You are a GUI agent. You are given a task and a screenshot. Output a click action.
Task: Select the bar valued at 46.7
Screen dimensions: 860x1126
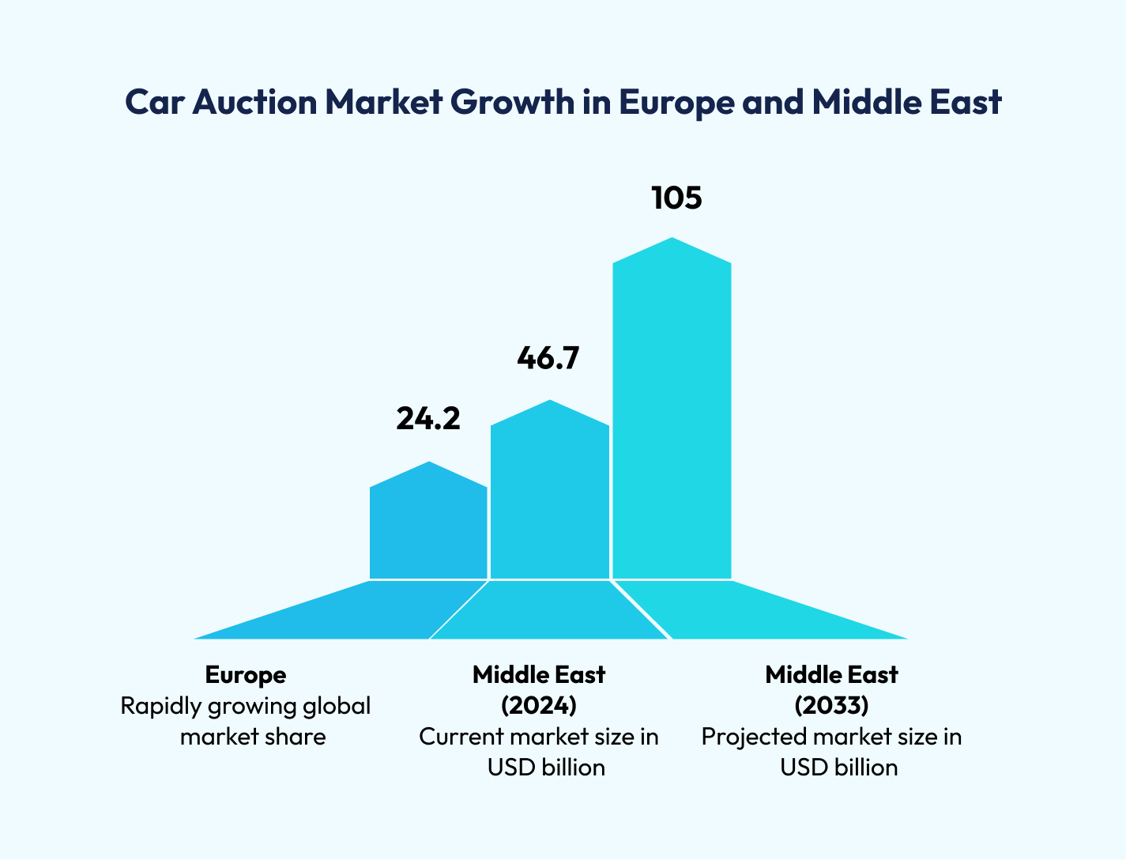point(550,498)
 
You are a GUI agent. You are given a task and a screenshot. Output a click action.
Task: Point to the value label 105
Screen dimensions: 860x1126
point(676,198)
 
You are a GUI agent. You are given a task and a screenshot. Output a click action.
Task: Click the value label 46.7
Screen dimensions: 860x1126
point(548,358)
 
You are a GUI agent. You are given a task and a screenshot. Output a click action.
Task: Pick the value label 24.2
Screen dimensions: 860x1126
point(427,419)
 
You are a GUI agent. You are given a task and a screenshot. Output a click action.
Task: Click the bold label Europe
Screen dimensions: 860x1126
point(246,675)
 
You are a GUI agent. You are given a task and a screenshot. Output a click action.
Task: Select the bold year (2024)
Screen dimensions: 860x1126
point(539,705)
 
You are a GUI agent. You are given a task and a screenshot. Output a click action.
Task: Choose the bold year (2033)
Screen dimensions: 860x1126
point(831,705)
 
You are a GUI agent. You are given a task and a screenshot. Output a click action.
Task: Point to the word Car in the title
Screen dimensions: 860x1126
point(153,103)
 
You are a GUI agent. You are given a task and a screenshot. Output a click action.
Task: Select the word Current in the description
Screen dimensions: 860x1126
point(461,737)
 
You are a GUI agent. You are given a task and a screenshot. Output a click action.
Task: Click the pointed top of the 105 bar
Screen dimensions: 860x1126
point(672,239)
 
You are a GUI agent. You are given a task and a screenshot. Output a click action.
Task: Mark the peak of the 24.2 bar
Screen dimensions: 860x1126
point(429,463)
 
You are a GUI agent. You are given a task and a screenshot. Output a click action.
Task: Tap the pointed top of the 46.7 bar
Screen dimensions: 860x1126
point(550,402)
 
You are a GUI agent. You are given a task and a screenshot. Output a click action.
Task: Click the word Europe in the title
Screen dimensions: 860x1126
point(676,103)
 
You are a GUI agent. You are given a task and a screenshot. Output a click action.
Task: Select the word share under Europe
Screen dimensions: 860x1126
point(296,737)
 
